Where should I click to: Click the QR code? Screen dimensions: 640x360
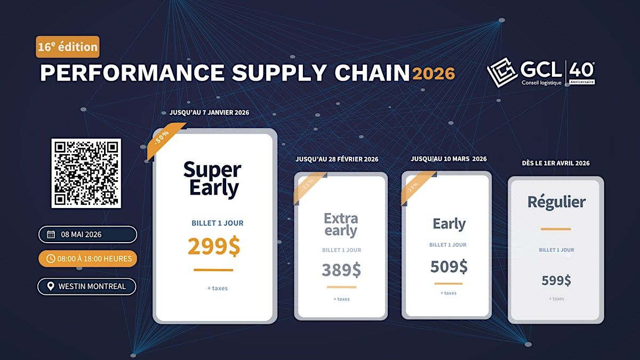86,173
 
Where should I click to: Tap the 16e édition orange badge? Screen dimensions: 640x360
68,47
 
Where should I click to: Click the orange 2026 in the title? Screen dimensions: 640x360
434,74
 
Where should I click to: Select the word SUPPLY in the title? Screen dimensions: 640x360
279,73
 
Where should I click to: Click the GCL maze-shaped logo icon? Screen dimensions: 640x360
502,73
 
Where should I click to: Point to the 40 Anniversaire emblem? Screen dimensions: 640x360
582,74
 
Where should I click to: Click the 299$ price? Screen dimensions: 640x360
214,246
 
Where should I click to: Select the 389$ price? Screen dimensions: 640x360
341,270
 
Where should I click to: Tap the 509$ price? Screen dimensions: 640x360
449,267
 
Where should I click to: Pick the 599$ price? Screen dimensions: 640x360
556,281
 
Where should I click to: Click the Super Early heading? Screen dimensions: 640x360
212,179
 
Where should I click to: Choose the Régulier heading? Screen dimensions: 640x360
557,202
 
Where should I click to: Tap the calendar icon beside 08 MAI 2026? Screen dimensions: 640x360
51,234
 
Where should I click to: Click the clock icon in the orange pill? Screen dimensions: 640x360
51,259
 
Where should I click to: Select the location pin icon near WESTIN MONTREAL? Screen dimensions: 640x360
51,286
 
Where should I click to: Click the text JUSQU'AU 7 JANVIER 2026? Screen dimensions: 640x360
209,113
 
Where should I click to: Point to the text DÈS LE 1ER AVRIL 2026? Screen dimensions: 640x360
556,163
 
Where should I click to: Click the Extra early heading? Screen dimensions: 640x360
341,225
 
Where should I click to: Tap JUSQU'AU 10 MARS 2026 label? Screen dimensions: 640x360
449,159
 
